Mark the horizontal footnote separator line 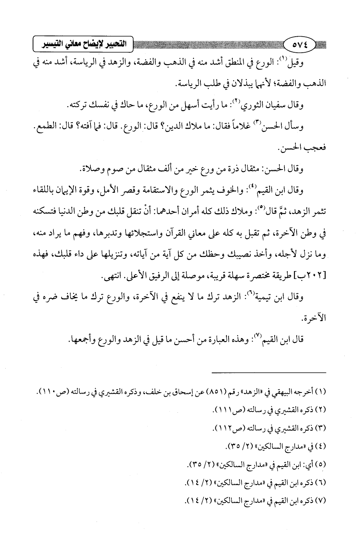click(x=269, y=372)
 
